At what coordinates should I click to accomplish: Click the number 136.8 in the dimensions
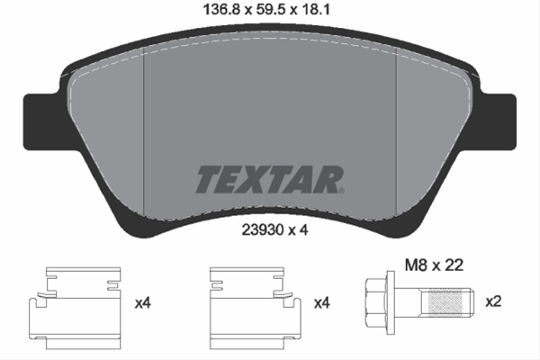pos(216,12)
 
